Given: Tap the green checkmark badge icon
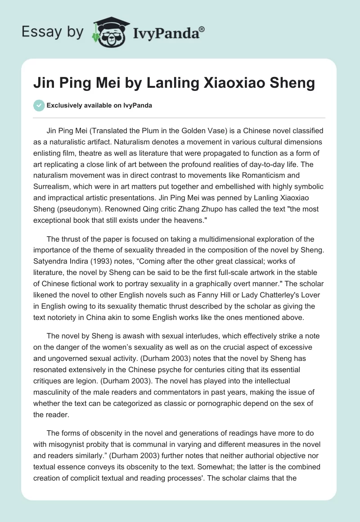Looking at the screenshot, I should [39, 105].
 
